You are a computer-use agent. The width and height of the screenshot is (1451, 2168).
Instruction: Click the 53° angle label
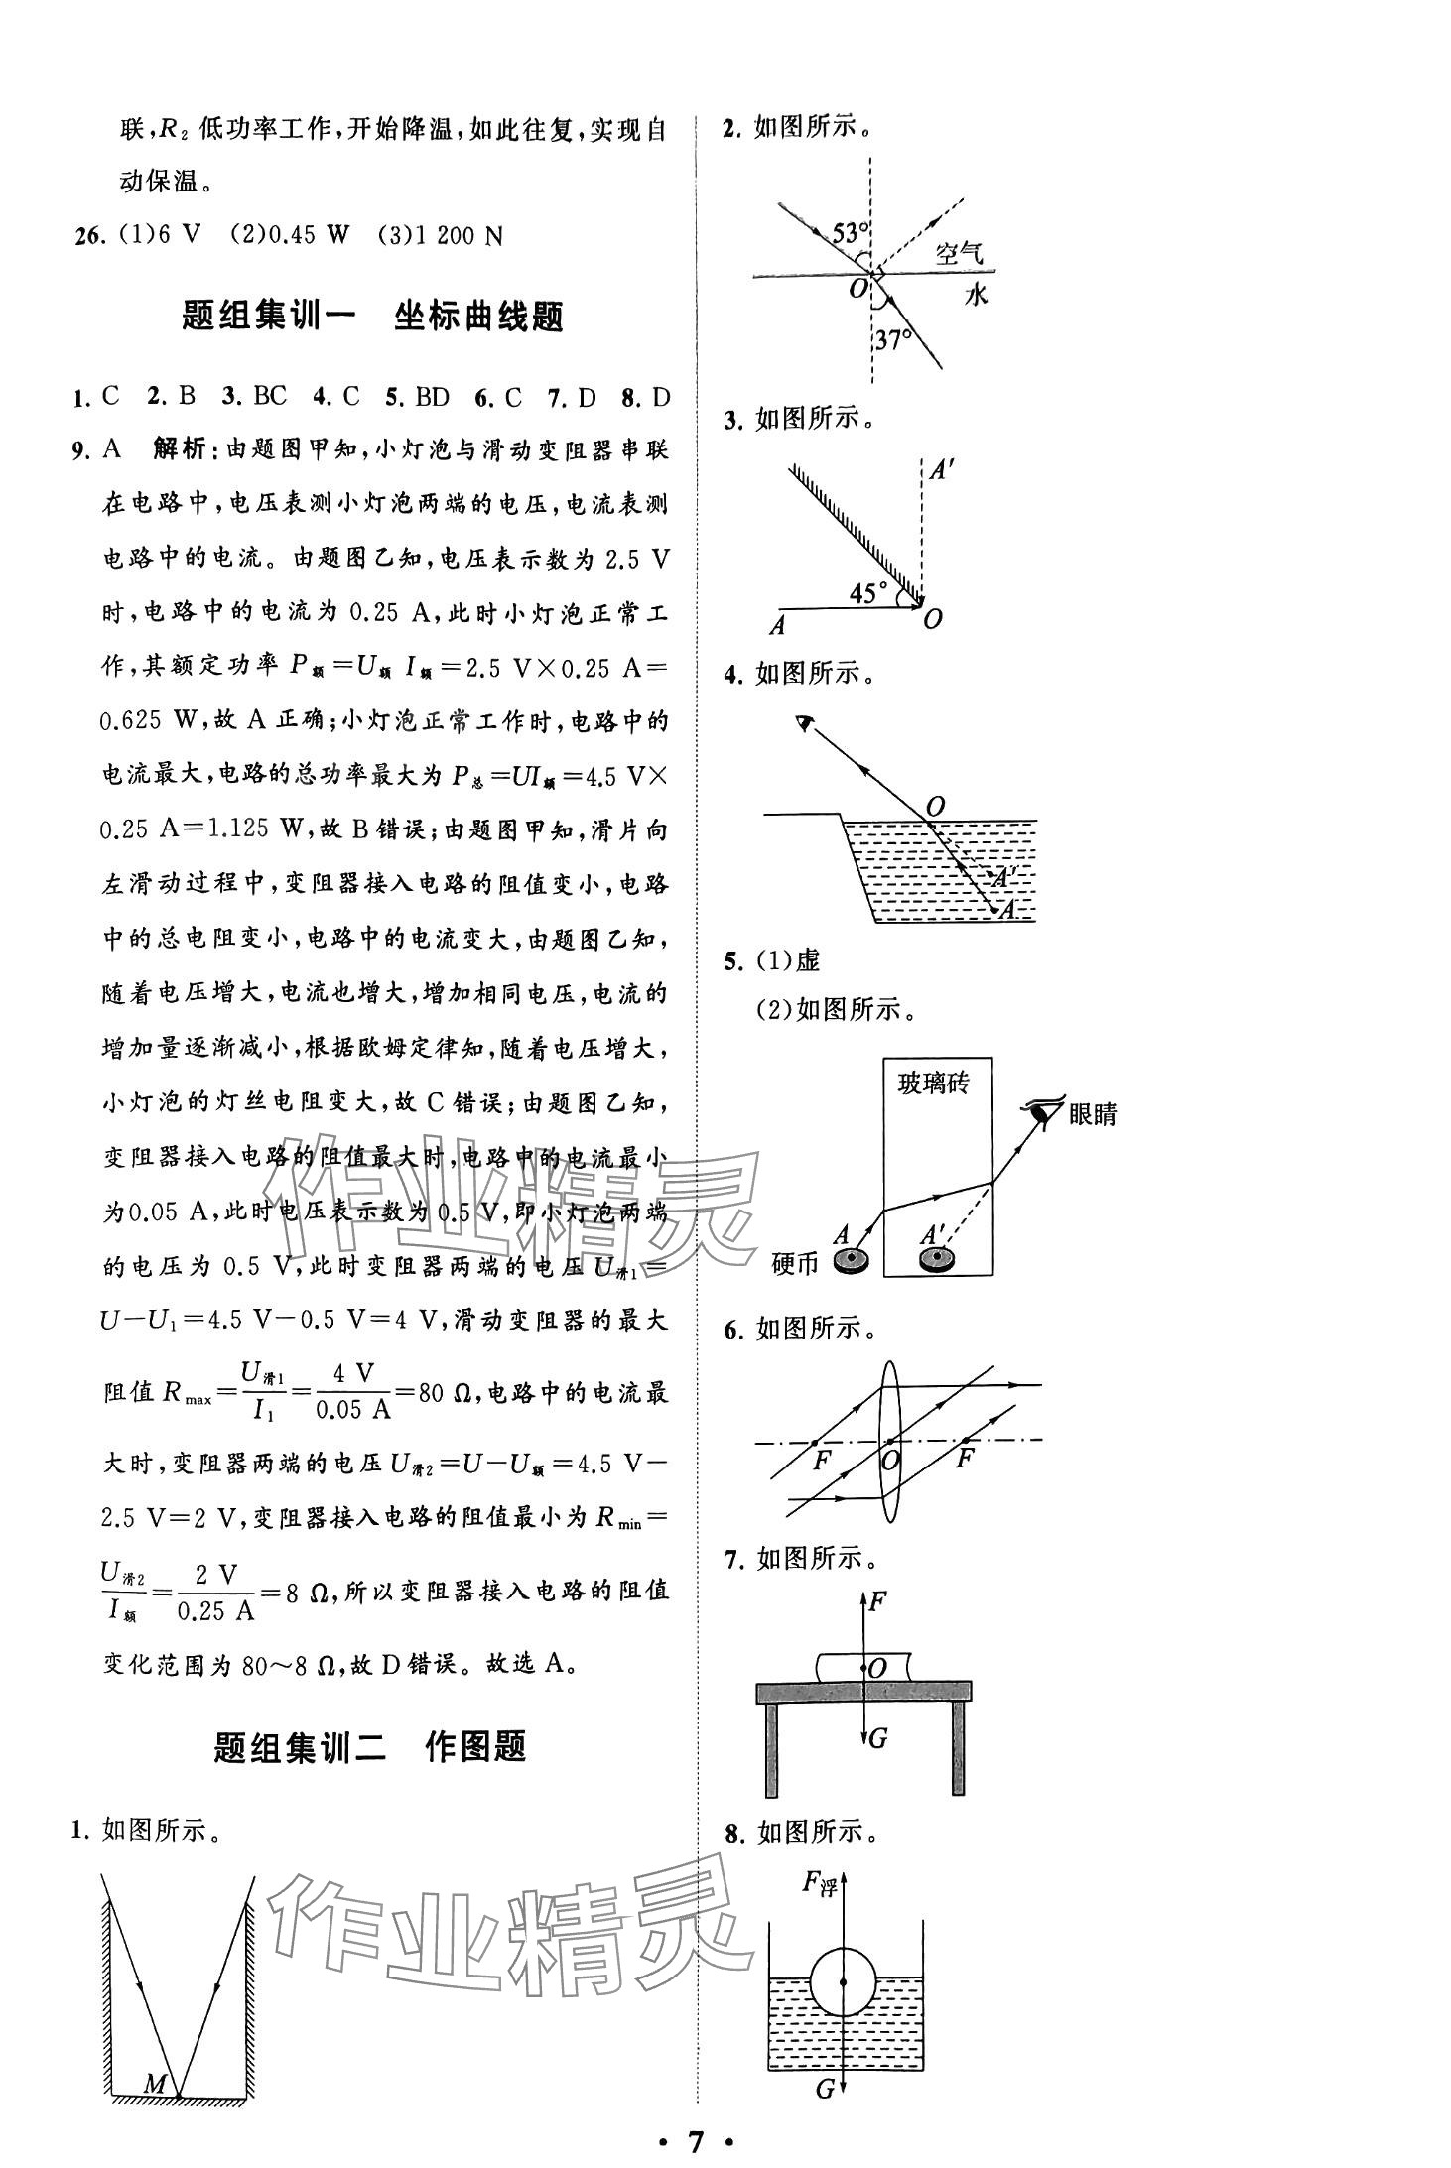tap(850, 235)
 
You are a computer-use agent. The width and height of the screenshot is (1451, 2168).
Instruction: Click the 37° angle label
tap(893, 340)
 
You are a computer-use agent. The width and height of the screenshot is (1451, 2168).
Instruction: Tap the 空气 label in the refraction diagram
tap(959, 255)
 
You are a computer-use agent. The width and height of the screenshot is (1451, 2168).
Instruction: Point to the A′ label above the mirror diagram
tap(940, 469)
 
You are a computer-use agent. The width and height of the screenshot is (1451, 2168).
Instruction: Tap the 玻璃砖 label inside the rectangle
tap(932, 1084)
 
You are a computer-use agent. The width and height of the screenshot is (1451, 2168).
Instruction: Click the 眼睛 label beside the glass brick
tap(1092, 1114)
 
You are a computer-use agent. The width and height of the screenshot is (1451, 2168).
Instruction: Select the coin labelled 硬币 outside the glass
tap(851, 1261)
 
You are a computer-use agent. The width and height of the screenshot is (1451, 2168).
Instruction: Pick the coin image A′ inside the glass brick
tap(935, 1260)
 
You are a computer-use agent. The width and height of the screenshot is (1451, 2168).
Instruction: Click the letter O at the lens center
tap(890, 1461)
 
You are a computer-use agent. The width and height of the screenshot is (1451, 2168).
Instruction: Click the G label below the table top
tap(877, 1738)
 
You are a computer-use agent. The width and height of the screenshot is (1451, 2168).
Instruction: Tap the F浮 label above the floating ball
tap(820, 1883)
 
